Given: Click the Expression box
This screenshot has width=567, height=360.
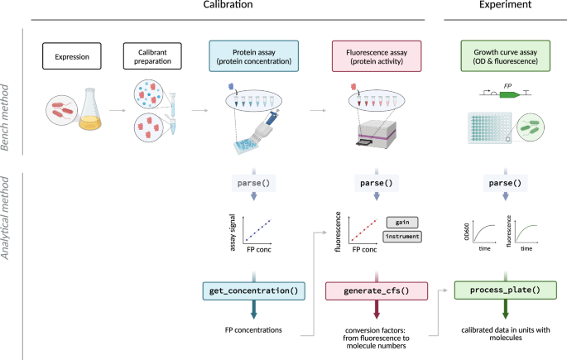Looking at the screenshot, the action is point(72,56).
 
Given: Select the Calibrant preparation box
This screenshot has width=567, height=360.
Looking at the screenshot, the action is point(152,56).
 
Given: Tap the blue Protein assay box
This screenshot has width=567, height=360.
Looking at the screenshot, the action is point(254,56).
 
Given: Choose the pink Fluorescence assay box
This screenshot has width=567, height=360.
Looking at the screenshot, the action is point(377,56).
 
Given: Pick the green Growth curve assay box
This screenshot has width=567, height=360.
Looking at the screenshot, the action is point(505,56).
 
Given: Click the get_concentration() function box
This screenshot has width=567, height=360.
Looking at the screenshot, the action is point(254,291).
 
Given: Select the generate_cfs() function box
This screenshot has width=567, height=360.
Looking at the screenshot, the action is point(377,291).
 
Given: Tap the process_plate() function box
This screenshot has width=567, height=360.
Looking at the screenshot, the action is point(505,290).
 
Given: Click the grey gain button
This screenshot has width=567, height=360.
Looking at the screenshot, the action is point(402,223).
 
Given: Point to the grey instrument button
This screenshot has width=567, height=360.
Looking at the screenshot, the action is point(402,237).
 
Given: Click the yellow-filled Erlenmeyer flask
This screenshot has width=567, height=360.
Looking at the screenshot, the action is point(90,109).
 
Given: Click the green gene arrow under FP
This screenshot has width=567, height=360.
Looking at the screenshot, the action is point(510,94).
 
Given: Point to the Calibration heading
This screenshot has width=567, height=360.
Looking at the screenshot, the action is point(228,4).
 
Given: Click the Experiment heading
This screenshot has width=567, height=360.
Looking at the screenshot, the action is point(505,4).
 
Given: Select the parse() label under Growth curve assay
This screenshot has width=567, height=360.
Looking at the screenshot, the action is point(505,183).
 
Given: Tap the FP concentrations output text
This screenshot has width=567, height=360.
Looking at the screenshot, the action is point(253,330).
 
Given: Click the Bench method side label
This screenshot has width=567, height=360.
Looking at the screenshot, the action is point(5,118).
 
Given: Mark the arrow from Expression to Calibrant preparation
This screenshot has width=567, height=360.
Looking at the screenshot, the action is point(118,110).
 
